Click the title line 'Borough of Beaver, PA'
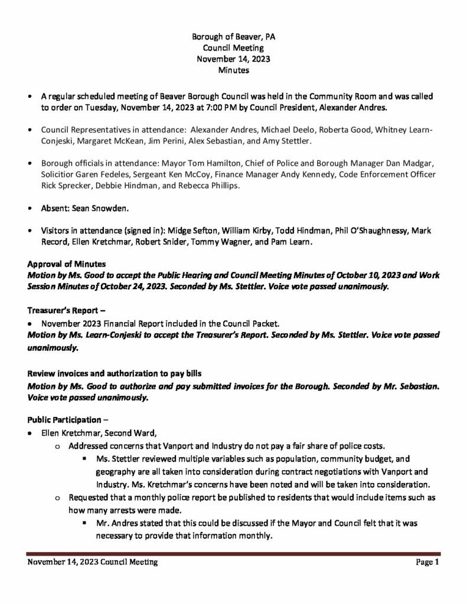(x=233, y=37)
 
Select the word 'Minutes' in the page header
(x=233, y=70)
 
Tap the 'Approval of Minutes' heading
(x=66, y=265)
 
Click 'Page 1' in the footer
(x=427, y=563)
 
